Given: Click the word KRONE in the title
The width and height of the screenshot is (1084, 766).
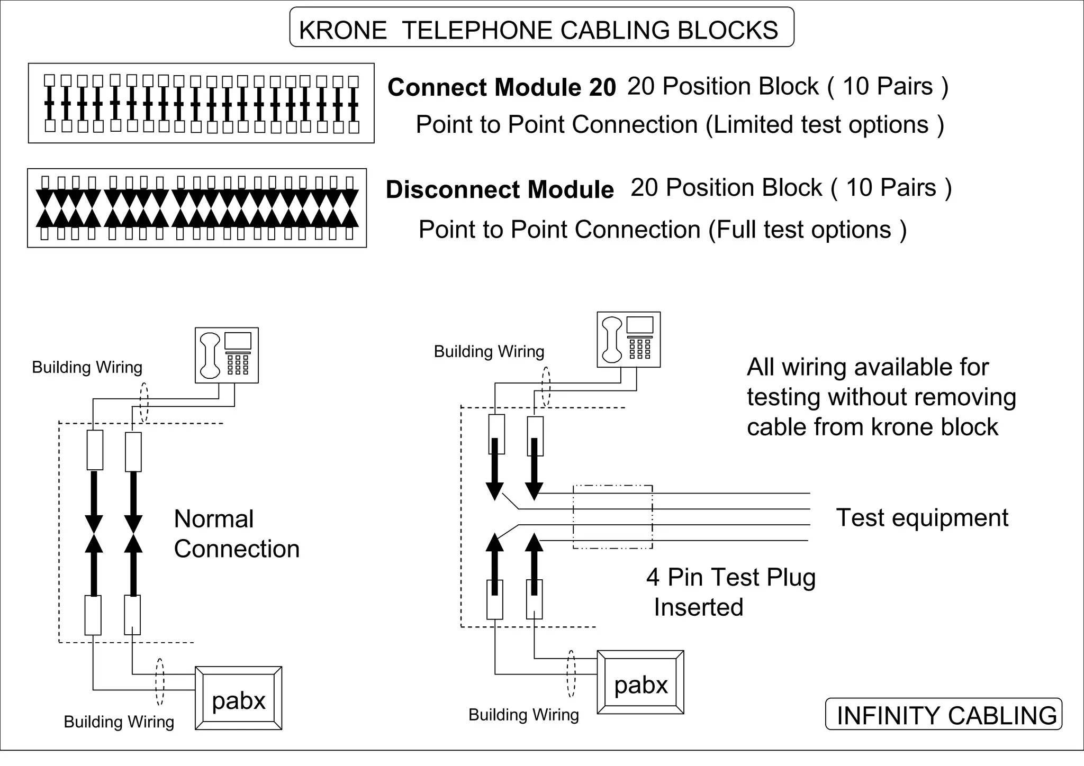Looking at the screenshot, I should coord(343,30).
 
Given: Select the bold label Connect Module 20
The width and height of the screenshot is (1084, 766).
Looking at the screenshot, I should coord(501,87).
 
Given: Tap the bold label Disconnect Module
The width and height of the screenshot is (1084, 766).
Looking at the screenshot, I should coord(499,189).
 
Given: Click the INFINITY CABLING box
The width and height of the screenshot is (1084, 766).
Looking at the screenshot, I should coord(944,715).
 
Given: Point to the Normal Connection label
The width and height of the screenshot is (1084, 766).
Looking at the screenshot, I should coord(236,533).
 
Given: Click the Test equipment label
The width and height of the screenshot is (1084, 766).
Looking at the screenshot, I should coord(922,517).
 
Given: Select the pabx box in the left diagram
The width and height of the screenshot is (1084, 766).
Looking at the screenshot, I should coord(238,698).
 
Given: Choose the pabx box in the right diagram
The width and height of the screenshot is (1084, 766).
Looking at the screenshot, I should coord(640,682).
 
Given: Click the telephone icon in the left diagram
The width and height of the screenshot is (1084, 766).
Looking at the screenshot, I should coord(227,355).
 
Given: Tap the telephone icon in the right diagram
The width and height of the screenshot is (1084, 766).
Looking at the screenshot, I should coord(628,339).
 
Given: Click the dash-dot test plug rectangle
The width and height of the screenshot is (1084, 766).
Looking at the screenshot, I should coord(612,516).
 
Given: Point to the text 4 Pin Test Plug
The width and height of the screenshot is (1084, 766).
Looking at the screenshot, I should coord(730,577).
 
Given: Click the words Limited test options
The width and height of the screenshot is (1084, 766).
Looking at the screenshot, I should coord(821,125).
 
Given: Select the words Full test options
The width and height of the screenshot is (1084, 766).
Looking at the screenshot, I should coord(800,230).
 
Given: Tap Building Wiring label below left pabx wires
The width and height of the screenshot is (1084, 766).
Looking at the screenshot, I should coord(119,722).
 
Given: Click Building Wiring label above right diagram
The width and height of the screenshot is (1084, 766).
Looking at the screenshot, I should coord(489,351).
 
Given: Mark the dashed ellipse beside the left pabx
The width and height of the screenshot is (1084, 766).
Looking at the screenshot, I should coord(160,681).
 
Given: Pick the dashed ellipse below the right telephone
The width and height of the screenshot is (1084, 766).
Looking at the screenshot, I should coord(546,387).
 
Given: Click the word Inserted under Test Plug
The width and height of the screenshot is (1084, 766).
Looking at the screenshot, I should coord(698,607).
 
